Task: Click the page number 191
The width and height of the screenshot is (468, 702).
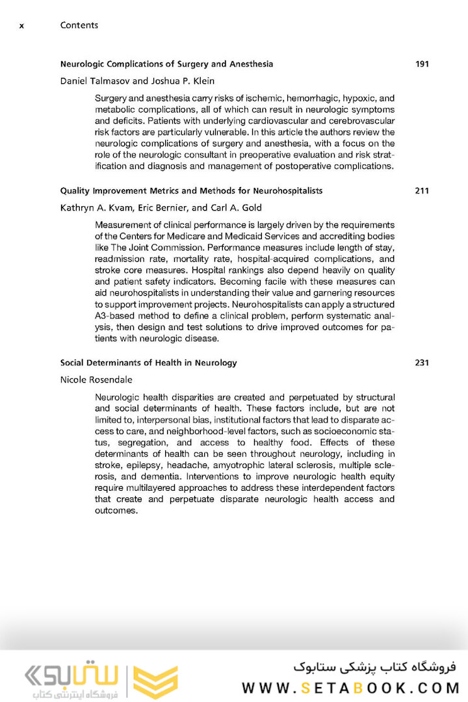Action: tap(422, 64)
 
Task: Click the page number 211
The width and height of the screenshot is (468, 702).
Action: tap(422, 191)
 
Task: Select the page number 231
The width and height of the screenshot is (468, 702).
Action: tap(422, 363)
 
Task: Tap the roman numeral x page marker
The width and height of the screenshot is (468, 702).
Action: tap(22, 25)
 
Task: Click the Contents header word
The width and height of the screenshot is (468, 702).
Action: tap(79, 25)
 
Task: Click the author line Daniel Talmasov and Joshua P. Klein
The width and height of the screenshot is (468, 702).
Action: tap(137, 81)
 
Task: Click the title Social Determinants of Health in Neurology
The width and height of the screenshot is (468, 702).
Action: tap(148, 363)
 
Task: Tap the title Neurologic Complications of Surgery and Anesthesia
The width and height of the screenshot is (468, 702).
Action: tap(166, 64)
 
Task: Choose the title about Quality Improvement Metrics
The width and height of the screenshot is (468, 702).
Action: tap(191, 191)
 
